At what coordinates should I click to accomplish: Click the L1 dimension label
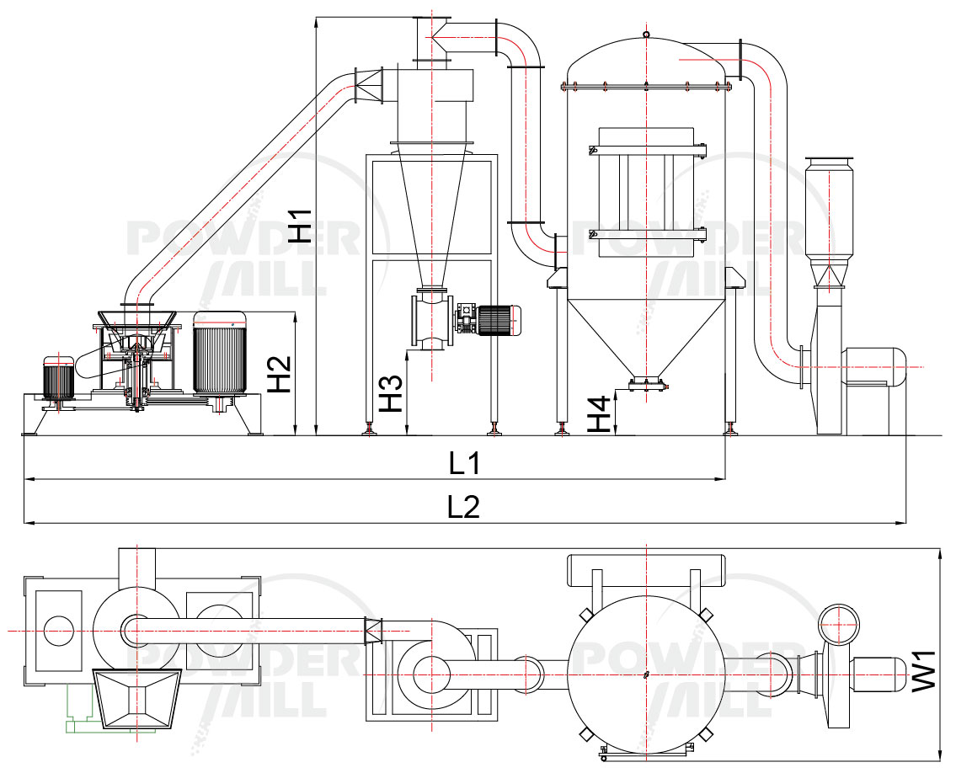[464, 463]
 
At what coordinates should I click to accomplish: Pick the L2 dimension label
[464, 507]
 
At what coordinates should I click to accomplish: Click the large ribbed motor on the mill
[219, 354]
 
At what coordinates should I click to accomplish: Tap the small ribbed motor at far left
[58, 378]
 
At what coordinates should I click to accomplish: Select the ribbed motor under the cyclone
[502, 320]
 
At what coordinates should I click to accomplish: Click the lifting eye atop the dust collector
[646, 35]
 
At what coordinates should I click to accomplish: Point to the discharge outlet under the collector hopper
[646, 384]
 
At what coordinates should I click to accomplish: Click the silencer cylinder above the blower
[829, 206]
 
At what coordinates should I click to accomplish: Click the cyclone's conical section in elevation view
[432, 211]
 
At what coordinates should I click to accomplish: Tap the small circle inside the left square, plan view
[58, 630]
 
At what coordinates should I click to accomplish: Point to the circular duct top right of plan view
[839, 624]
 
